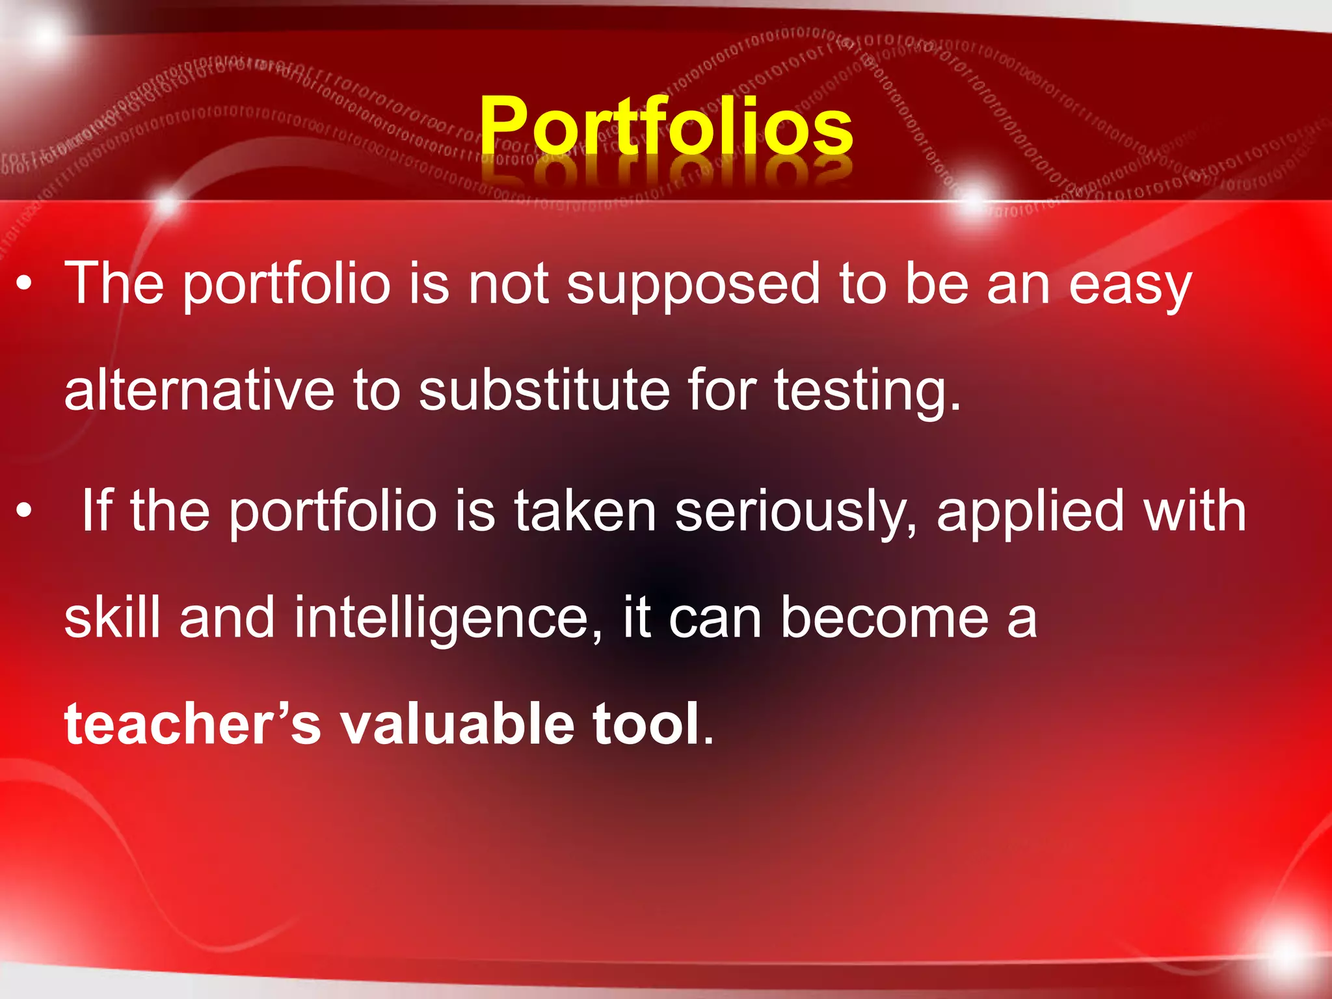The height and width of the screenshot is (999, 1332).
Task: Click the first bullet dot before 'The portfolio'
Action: (24, 284)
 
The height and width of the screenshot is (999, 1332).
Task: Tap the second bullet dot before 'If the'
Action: (24, 511)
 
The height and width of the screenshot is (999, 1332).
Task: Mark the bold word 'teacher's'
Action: (193, 723)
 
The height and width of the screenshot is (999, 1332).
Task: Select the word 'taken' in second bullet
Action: (585, 511)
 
